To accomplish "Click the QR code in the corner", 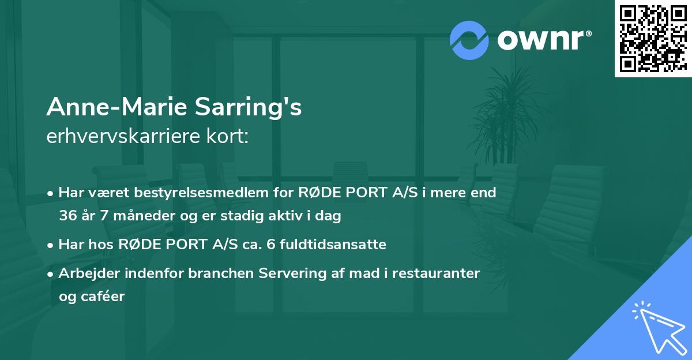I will tap(653, 38).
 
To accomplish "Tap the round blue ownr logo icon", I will tap(469, 40).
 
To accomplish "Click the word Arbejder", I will tap(87, 273).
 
